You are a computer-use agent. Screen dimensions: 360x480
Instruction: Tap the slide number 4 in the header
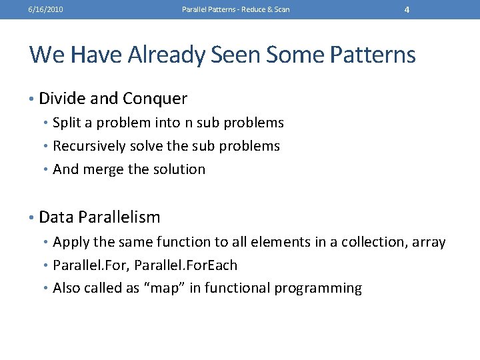point(407,9)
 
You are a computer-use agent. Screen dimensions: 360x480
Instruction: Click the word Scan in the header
point(282,9)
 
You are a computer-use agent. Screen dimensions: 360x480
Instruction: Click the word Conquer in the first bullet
point(155,99)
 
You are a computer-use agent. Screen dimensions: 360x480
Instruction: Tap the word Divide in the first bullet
point(61,99)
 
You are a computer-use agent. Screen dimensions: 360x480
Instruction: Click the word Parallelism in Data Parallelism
point(119,217)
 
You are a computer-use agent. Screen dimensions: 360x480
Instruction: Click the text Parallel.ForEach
point(186,265)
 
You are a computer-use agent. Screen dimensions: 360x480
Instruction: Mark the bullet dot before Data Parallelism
point(32,217)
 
